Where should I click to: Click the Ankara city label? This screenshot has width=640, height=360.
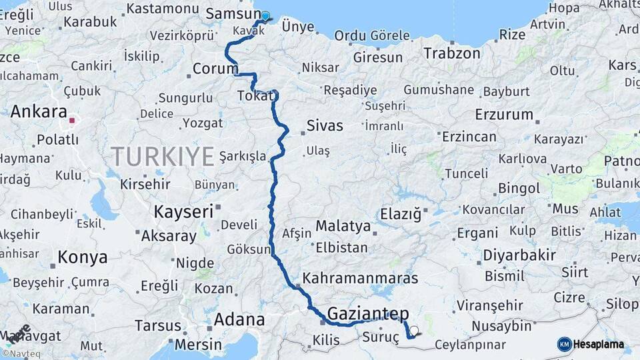(x=39, y=111)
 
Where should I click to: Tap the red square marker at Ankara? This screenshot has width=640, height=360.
(x=72, y=121)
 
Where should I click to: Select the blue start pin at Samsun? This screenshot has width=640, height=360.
(x=265, y=16)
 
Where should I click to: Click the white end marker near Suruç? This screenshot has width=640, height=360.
(x=414, y=330)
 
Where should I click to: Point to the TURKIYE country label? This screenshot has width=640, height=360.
(x=163, y=156)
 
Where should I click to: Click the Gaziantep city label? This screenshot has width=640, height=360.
(x=368, y=313)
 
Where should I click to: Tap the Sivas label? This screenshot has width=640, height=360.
(x=325, y=126)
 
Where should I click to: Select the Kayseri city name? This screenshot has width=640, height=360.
(x=183, y=212)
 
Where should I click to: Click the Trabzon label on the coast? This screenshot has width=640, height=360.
(x=451, y=53)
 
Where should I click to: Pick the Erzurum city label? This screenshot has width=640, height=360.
(x=504, y=115)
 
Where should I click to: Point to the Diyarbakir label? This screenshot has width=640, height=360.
(x=519, y=255)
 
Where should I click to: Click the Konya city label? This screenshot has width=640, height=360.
(x=82, y=257)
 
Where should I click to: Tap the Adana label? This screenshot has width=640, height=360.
(x=239, y=320)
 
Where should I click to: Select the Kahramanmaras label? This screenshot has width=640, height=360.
(x=360, y=278)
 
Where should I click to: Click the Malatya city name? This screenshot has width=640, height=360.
(x=343, y=226)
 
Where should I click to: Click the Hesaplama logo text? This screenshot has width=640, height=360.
(x=600, y=345)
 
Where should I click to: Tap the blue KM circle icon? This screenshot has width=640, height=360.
(x=565, y=345)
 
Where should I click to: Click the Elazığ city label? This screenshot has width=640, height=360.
(x=401, y=214)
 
